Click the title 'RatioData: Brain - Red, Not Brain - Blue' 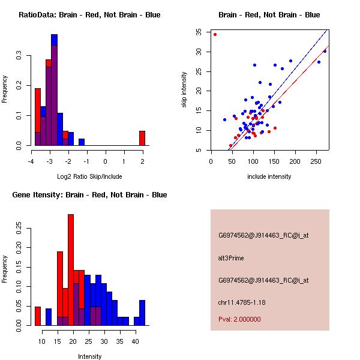click(89, 14)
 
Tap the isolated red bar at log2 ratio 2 click(142, 138)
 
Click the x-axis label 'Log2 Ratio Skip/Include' click(89, 176)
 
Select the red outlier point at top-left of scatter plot click(215, 34)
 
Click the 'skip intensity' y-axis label click(184, 90)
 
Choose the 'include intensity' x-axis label click(269, 176)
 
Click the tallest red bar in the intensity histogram click(71, 269)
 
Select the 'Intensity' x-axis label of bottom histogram click(90, 356)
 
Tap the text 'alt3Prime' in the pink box click(231, 258)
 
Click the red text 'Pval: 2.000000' click(239, 319)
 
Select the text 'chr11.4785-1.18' click(242, 302)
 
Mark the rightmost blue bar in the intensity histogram click(142, 313)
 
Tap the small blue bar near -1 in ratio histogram click(82, 142)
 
